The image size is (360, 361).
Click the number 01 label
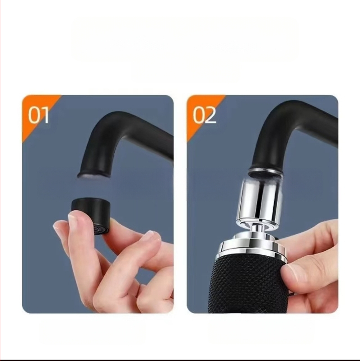pyautogui.click(x=38, y=115)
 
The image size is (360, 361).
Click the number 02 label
pyautogui.click(x=205, y=115)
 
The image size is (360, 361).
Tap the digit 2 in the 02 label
pyautogui.click(x=210, y=115)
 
